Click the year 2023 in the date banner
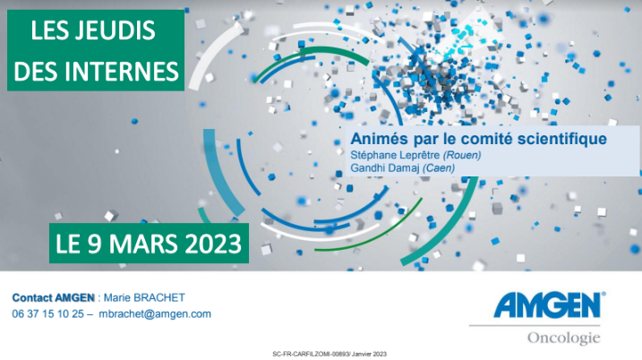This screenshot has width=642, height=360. click(213, 244)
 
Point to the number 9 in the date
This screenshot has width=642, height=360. click(95, 244)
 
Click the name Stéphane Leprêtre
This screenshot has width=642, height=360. click(395, 155)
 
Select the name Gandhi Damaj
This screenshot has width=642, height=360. click(385, 168)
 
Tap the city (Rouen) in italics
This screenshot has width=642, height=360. click(462, 155)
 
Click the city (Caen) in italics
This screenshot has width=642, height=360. click(439, 168)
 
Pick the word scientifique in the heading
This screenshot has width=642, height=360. click(561, 139)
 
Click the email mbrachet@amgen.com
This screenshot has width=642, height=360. click(155, 314)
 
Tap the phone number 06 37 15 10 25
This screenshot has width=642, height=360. click(48, 314)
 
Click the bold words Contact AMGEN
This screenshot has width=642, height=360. click(53, 297)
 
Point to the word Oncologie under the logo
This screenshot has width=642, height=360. click(563, 339)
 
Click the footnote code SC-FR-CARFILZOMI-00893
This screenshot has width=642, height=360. click(312, 354)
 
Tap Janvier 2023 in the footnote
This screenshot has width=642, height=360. click(369, 354)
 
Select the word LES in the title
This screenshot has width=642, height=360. click(48, 30)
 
